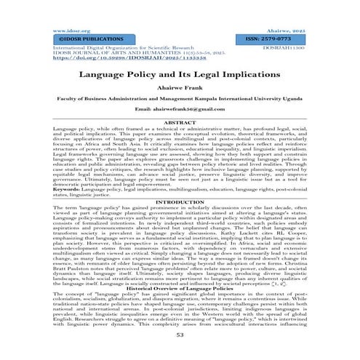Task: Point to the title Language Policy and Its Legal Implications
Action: (x=179, y=75)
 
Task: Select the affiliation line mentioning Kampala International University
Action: (x=179, y=99)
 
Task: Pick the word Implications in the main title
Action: (x=239, y=75)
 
